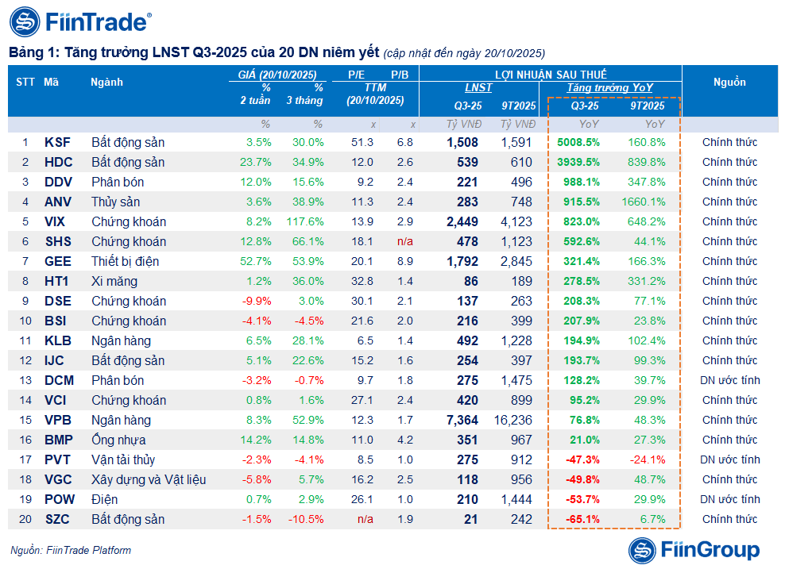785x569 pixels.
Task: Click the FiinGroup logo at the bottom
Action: coord(694,550)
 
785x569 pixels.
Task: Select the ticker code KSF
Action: coord(57,142)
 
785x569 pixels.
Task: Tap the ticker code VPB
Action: coord(59,420)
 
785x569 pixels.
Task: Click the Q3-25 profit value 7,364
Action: coord(462,420)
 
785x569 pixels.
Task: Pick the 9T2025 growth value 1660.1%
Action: coord(644,202)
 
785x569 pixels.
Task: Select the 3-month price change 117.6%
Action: coord(305,221)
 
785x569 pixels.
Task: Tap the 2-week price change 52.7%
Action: coord(256,261)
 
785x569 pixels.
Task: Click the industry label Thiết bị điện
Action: coord(125,261)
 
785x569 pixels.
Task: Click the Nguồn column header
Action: coord(729,82)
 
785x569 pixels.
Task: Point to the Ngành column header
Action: coord(106,82)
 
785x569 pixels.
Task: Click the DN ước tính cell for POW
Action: coord(730,499)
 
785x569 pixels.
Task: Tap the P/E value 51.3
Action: coord(362,142)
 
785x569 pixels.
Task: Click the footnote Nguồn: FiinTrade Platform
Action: coord(71,550)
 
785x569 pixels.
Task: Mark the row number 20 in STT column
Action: coord(25,519)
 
